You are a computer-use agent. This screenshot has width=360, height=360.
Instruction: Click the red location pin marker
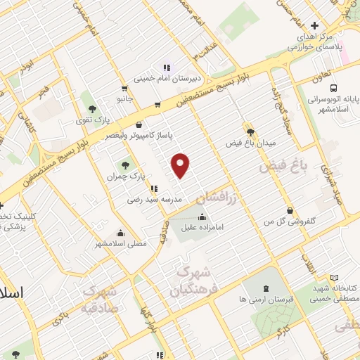point(181,165)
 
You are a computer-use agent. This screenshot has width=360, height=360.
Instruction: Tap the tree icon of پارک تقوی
point(92,108)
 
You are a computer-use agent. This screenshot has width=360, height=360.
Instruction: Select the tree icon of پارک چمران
point(125,165)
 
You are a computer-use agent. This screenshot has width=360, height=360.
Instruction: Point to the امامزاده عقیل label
point(204,226)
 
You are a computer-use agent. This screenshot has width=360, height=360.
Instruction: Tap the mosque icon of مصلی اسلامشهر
point(121,233)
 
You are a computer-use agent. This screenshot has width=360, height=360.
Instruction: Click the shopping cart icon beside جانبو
point(124,89)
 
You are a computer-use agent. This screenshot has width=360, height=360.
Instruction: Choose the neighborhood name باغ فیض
point(285,167)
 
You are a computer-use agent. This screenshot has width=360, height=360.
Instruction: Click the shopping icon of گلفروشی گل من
point(290,210)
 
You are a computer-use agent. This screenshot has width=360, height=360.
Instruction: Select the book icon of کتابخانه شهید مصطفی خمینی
point(334,278)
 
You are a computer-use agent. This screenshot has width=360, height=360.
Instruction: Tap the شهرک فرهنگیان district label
point(191,280)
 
